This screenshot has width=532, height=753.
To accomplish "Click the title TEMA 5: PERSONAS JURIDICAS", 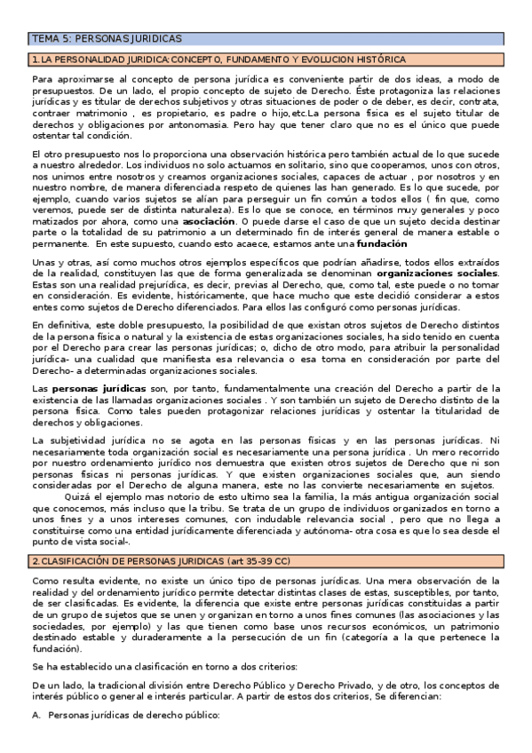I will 107,39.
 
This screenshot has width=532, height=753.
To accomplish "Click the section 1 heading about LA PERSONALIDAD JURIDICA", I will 218,59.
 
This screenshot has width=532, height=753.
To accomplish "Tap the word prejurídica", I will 139,288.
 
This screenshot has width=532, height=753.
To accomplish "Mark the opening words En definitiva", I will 60,326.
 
